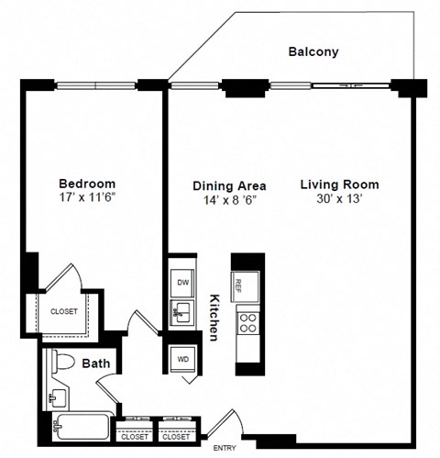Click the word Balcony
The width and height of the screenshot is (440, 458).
point(313,52)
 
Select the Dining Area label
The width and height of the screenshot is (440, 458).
point(224,185)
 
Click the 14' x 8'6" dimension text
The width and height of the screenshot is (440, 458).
point(224,200)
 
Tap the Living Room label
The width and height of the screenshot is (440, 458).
point(338,184)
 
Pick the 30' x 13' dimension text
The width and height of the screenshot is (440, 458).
point(338,199)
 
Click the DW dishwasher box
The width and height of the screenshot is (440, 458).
point(182,283)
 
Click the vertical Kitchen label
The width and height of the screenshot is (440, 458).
point(214,318)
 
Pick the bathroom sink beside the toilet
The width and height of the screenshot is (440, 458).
point(56,397)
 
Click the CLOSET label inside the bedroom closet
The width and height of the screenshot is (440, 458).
point(63,311)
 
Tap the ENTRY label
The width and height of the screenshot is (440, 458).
point(225,448)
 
